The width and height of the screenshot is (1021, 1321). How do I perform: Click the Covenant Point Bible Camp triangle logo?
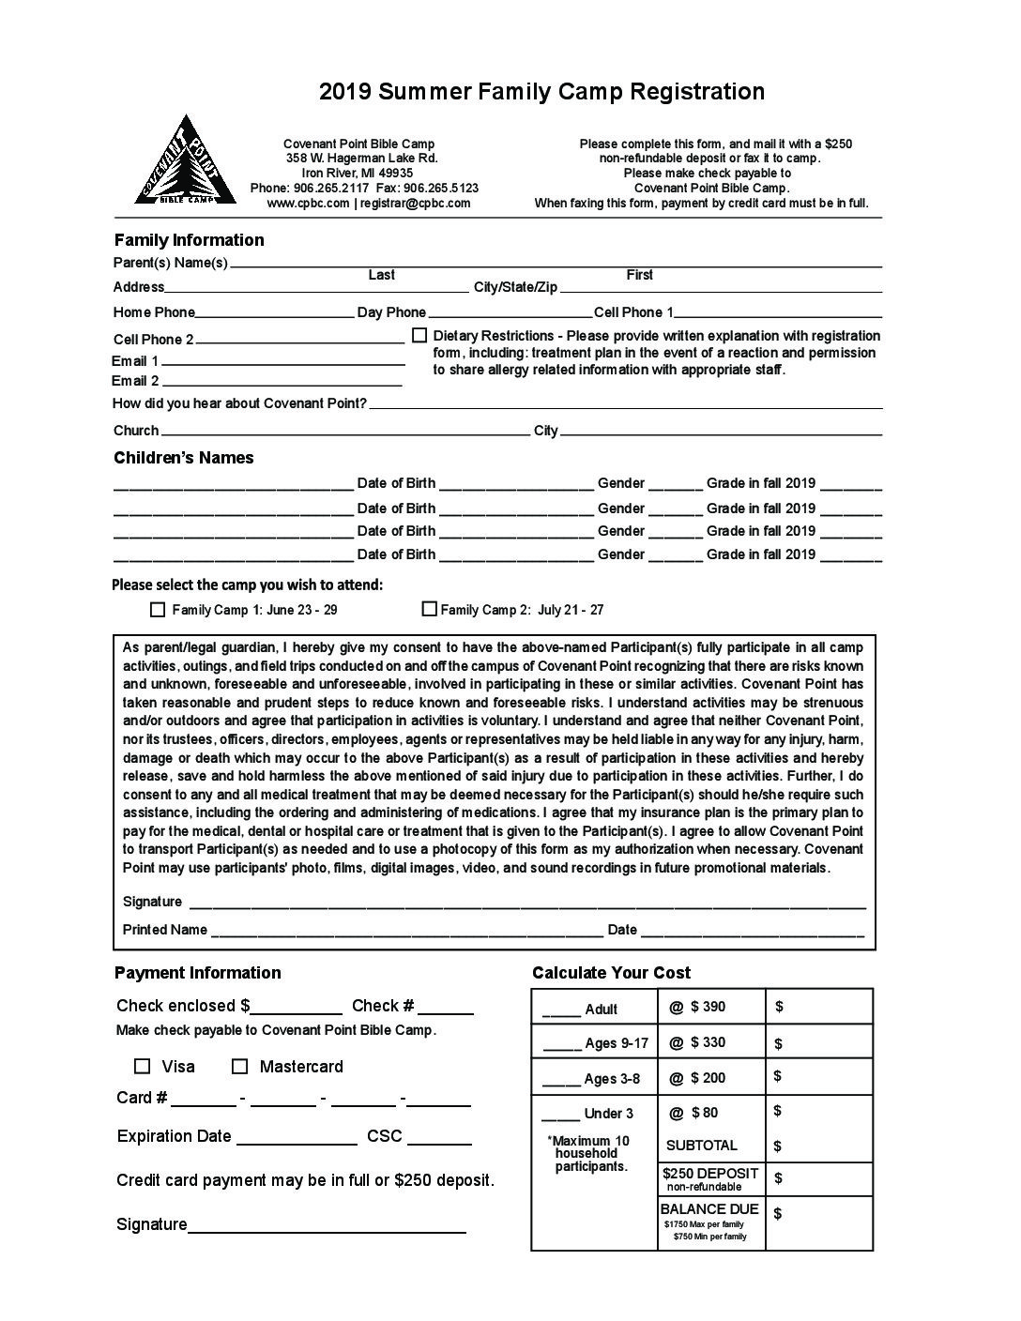[185, 161]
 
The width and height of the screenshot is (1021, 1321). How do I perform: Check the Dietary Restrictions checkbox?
[419, 335]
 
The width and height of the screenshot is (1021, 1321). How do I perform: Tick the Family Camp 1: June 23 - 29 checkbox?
[158, 610]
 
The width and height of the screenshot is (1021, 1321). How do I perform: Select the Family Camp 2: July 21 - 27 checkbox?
[430, 609]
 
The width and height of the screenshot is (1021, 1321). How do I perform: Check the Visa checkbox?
[143, 1066]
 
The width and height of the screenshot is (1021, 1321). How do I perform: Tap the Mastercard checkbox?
[240, 1066]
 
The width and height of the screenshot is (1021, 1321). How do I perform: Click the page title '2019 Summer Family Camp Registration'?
[541, 91]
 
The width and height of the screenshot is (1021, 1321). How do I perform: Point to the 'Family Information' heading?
[189, 240]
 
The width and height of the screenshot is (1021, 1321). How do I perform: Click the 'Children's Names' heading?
[184, 458]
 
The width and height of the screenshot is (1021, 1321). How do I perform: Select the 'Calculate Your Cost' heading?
[611, 973]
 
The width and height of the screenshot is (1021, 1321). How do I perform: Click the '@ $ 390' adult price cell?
[697, 1007]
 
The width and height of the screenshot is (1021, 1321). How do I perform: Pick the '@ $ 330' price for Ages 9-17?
[697, 1042]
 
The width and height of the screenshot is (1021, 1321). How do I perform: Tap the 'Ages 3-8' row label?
[612, 1079]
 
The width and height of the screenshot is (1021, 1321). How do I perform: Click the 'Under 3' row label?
[609, 1114]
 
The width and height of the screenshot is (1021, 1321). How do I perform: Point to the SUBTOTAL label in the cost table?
[702, 1146]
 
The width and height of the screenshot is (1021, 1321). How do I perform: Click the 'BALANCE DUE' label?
[709, 1209]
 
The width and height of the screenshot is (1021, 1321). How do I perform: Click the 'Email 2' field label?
[135, 381]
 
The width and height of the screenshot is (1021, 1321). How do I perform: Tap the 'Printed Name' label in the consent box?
[165, 930]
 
